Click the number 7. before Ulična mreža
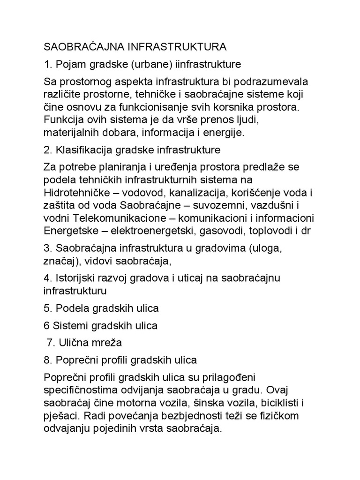(x=52, y=343)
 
